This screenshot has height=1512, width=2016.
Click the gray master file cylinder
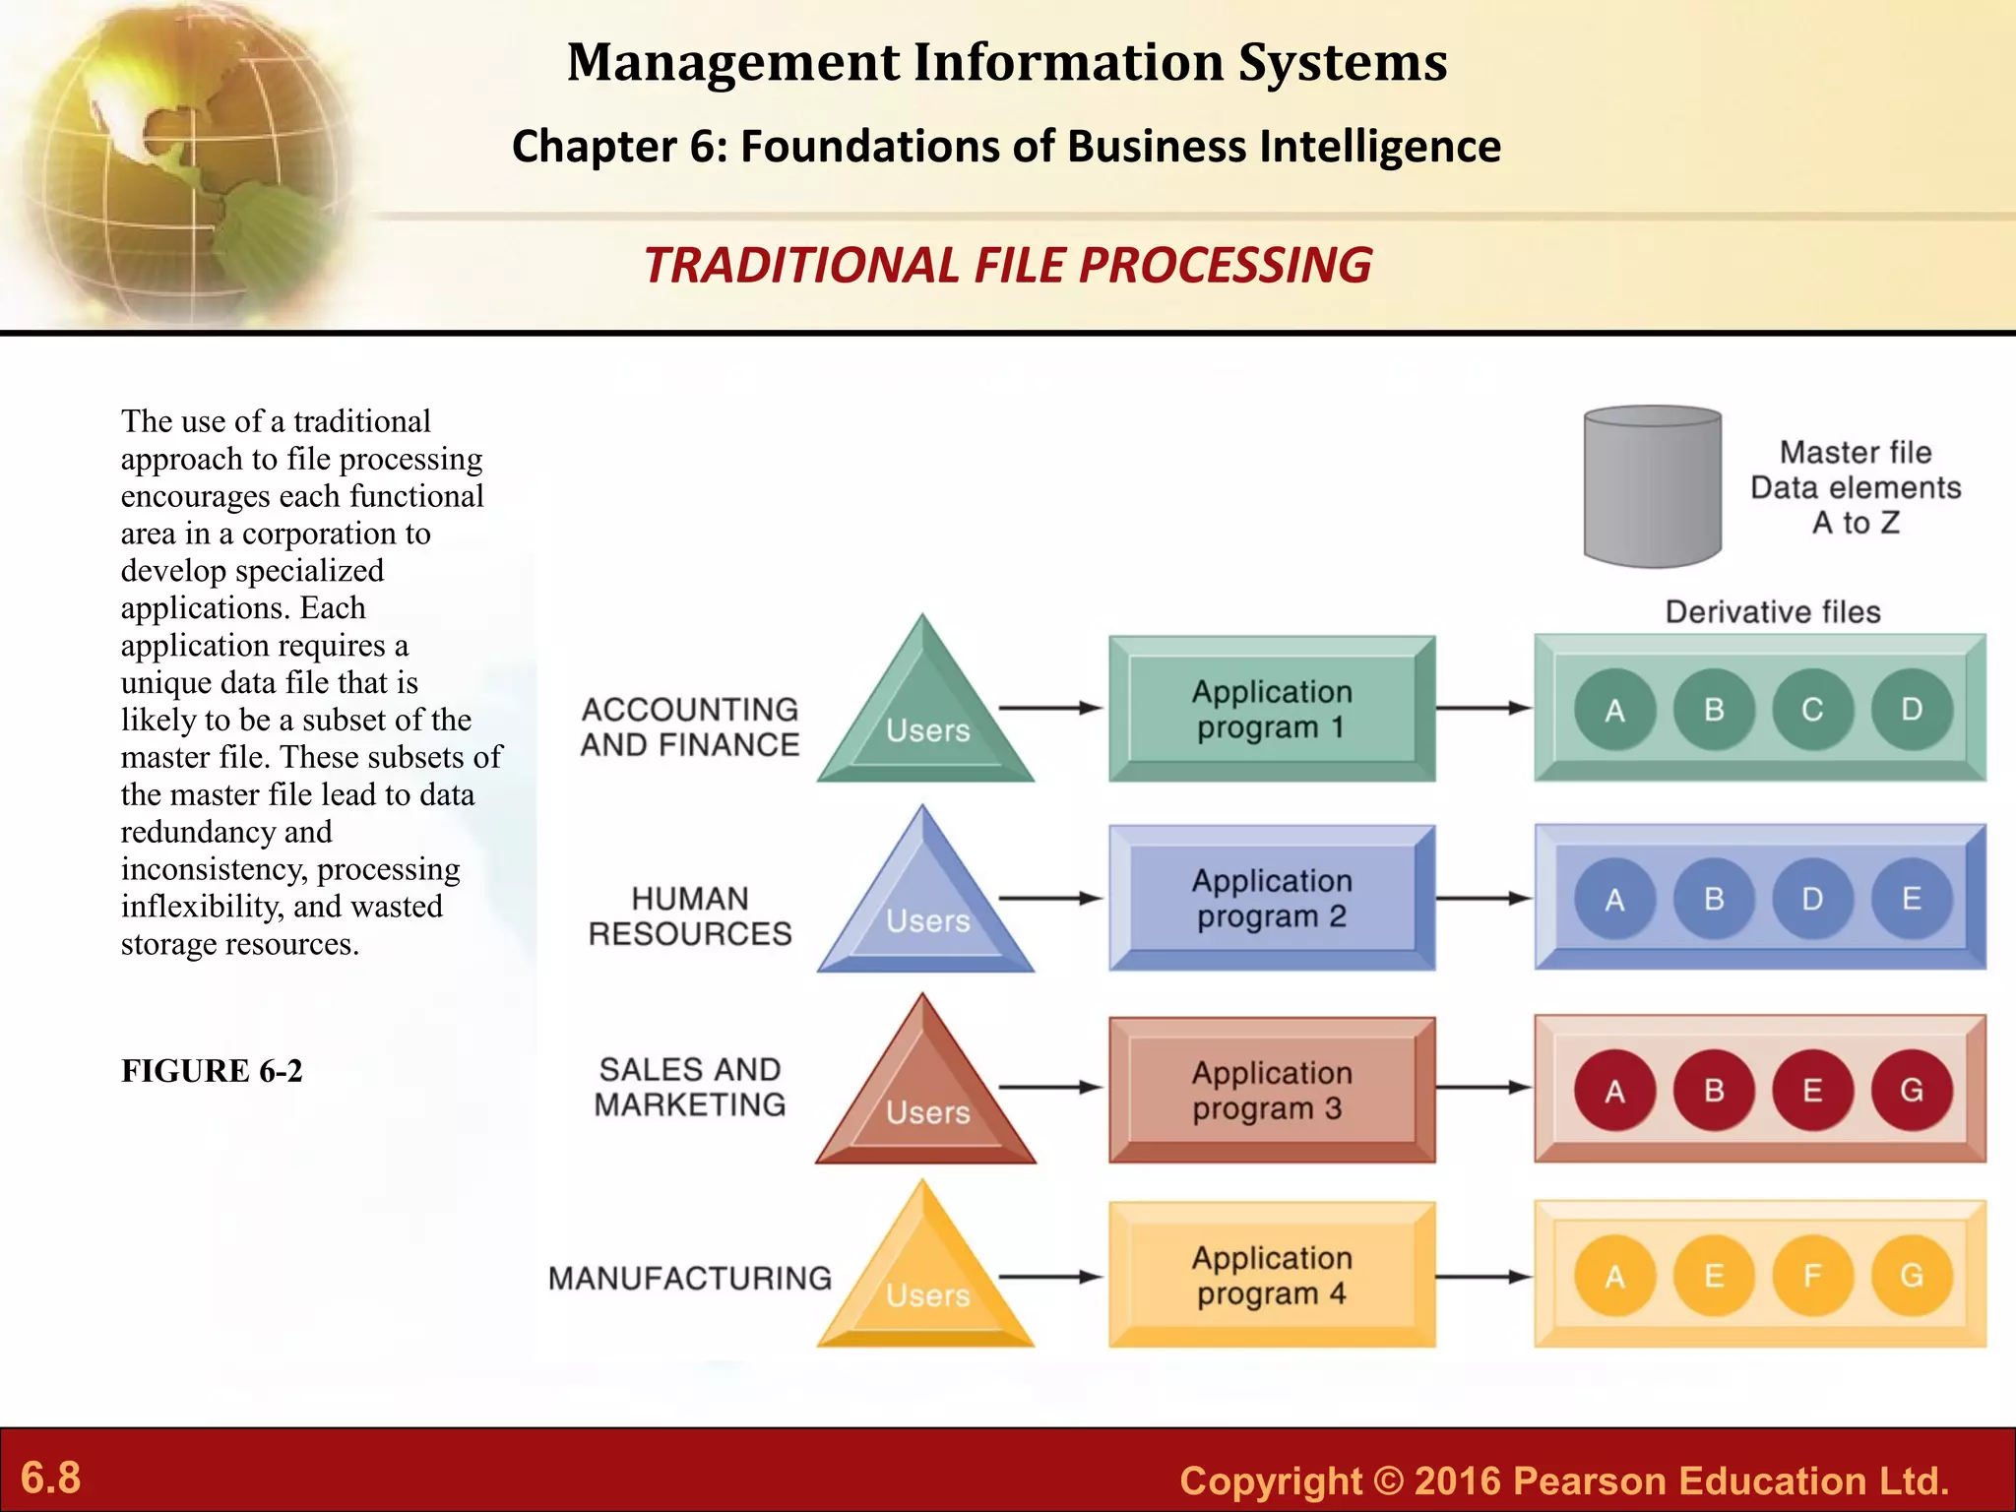click(1652, 487)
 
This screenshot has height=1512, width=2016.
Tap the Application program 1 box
click(1271, 709)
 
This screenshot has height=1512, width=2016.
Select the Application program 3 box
click(1271, 1090)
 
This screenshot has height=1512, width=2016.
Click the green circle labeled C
click(1812, 710)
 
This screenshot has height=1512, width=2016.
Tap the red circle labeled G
click(1911, 1090)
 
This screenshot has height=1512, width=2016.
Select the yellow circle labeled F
click(1812, 1276)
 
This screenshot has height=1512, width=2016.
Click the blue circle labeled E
click(1911, 899)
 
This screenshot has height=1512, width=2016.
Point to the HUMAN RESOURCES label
click(689, 915)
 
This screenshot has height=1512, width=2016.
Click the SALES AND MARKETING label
click(689, 1087)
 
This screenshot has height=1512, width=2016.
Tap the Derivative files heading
click(1772, 612)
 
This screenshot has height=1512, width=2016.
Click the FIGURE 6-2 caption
click(212, 1071)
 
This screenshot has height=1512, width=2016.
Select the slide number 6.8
click(51, 1478)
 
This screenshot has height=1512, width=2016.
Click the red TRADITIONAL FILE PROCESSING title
click(1007, 266)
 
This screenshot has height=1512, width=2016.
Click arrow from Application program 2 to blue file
click(1482, 898)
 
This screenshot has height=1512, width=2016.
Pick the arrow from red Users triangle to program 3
click(1049, 1087)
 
